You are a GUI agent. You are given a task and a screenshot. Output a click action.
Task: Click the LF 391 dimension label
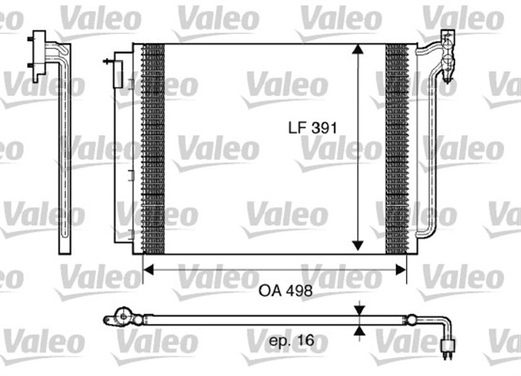312,128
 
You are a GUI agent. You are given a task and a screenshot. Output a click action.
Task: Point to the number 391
324,128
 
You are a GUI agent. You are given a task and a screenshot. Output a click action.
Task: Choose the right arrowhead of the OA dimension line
402,269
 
